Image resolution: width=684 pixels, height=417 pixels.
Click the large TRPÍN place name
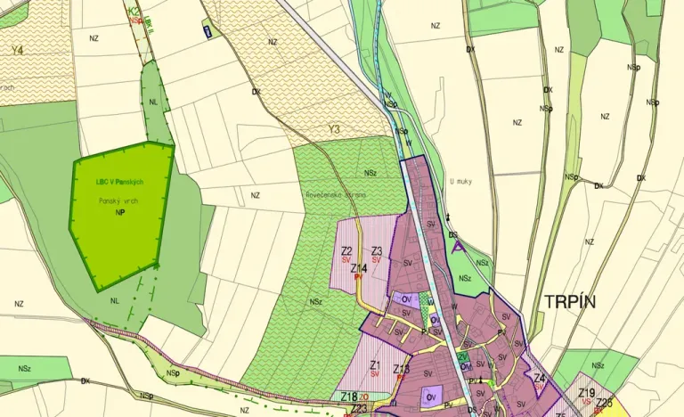pyautogui.click(x=567, y=302)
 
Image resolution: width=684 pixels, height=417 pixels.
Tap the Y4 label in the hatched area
pyautogui.click(x=17, y=51)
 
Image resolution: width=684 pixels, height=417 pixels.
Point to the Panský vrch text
pyautogui.click(x=118, y=201)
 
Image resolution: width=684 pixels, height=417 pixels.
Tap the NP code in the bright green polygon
pyautogui.click(x=118, y=214)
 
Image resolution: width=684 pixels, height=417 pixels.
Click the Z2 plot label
pyautogui.click(x=346, y=251)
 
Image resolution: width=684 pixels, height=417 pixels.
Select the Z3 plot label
pyautogui.click(x=377, y=251)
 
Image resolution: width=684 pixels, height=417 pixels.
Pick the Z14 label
pyautogui.click(x=359, y=268)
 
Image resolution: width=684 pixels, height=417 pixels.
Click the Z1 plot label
pyautogui.click(x=375, y=365)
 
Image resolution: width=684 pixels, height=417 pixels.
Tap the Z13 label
pyautogui.click(x=402, y=369)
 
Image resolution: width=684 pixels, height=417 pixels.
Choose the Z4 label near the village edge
pyautogui.click(x=539, y=378)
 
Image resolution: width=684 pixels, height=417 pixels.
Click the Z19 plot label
pyautogui.click(x=586, y=393)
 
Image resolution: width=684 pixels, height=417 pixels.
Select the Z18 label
pyautogui.click(x=349, y=397)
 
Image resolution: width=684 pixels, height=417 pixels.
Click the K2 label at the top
pyautogui.click(x=134, y=11)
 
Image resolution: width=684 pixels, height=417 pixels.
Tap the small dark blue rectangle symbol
pyautogui.click(x=208, y=32)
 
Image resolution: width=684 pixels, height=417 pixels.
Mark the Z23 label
pyautogui.click(x=358, y=409)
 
